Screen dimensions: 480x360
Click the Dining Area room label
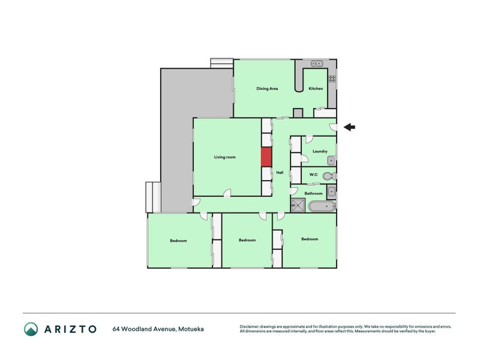tap(267, 88)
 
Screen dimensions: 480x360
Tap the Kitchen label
tap(316, 88)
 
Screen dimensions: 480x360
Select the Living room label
tap(224, 157)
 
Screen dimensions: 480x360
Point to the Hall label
tap(280, 173)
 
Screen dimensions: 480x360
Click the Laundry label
tap(320, 151)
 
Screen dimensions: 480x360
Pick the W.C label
tap(313, 175)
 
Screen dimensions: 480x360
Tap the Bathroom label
tap(313, 193)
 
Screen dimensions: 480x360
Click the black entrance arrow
tap(349, 127)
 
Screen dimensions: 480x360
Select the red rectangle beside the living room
tap(266, 157)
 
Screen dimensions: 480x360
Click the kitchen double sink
tap(317, 64)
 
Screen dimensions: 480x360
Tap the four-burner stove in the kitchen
tap(332, 79)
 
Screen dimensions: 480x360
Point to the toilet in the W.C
tap(329, 176)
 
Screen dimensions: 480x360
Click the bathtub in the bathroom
tap(322, 206)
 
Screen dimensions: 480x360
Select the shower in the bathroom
tap(298, 205)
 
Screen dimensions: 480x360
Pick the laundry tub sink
tap(331, 160)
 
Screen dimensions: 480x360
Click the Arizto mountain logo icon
tap(31, 329)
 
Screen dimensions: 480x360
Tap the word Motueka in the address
tap(191, 329)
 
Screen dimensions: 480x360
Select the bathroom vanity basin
tap(331, 192)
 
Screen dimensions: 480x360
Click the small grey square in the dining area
tap(298, 113)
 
